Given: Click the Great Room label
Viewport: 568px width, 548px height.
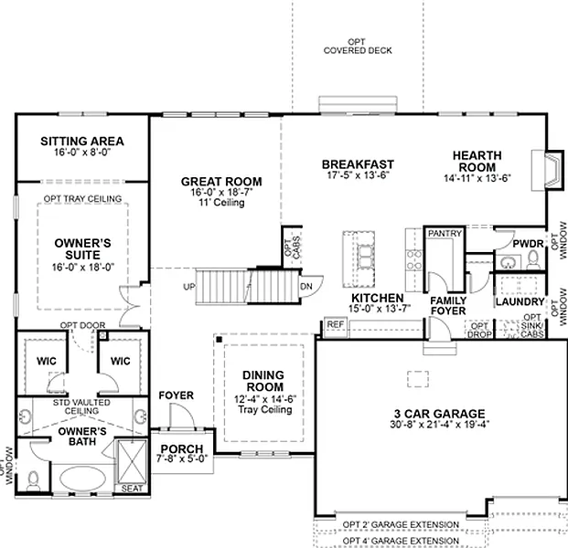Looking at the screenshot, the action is click(221, 182).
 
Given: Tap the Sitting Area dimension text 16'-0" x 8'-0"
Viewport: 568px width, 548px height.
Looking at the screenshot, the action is click(82, 153).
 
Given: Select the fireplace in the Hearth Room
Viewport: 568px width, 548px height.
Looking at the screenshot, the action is click(547, 170).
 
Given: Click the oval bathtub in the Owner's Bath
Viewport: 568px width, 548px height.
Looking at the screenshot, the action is click(82, 478).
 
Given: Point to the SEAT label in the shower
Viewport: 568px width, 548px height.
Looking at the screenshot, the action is click(132, 489).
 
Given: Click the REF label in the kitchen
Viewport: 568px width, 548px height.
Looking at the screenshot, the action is click(336, 324).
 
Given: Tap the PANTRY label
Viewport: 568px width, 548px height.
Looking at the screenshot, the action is click(445, 233).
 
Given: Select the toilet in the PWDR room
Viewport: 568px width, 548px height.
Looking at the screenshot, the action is click(533, 259).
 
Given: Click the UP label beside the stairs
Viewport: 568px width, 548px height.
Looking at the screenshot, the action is click(189, 287).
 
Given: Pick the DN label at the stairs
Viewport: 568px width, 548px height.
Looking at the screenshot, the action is click(306, 287).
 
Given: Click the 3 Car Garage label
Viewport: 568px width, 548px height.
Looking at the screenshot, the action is click(439, 414).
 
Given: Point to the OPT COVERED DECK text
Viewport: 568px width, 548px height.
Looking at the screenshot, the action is click(358, 47).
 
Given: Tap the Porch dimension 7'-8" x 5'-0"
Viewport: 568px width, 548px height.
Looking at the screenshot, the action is click(182, 458).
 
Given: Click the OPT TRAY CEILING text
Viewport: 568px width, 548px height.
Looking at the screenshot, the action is click(82, 198).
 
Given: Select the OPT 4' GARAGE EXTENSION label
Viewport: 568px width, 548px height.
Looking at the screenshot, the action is click(401, 541).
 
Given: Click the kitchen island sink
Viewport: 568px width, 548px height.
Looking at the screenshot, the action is click(365, 257).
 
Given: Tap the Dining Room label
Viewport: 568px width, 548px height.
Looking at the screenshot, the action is click(263, 381).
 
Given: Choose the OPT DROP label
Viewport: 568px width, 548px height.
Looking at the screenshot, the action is click(479, 331).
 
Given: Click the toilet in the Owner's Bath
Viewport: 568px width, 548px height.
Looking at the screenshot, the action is click(33, 481).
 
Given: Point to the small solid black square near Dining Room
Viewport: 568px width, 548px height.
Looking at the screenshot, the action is click(220, 339).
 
